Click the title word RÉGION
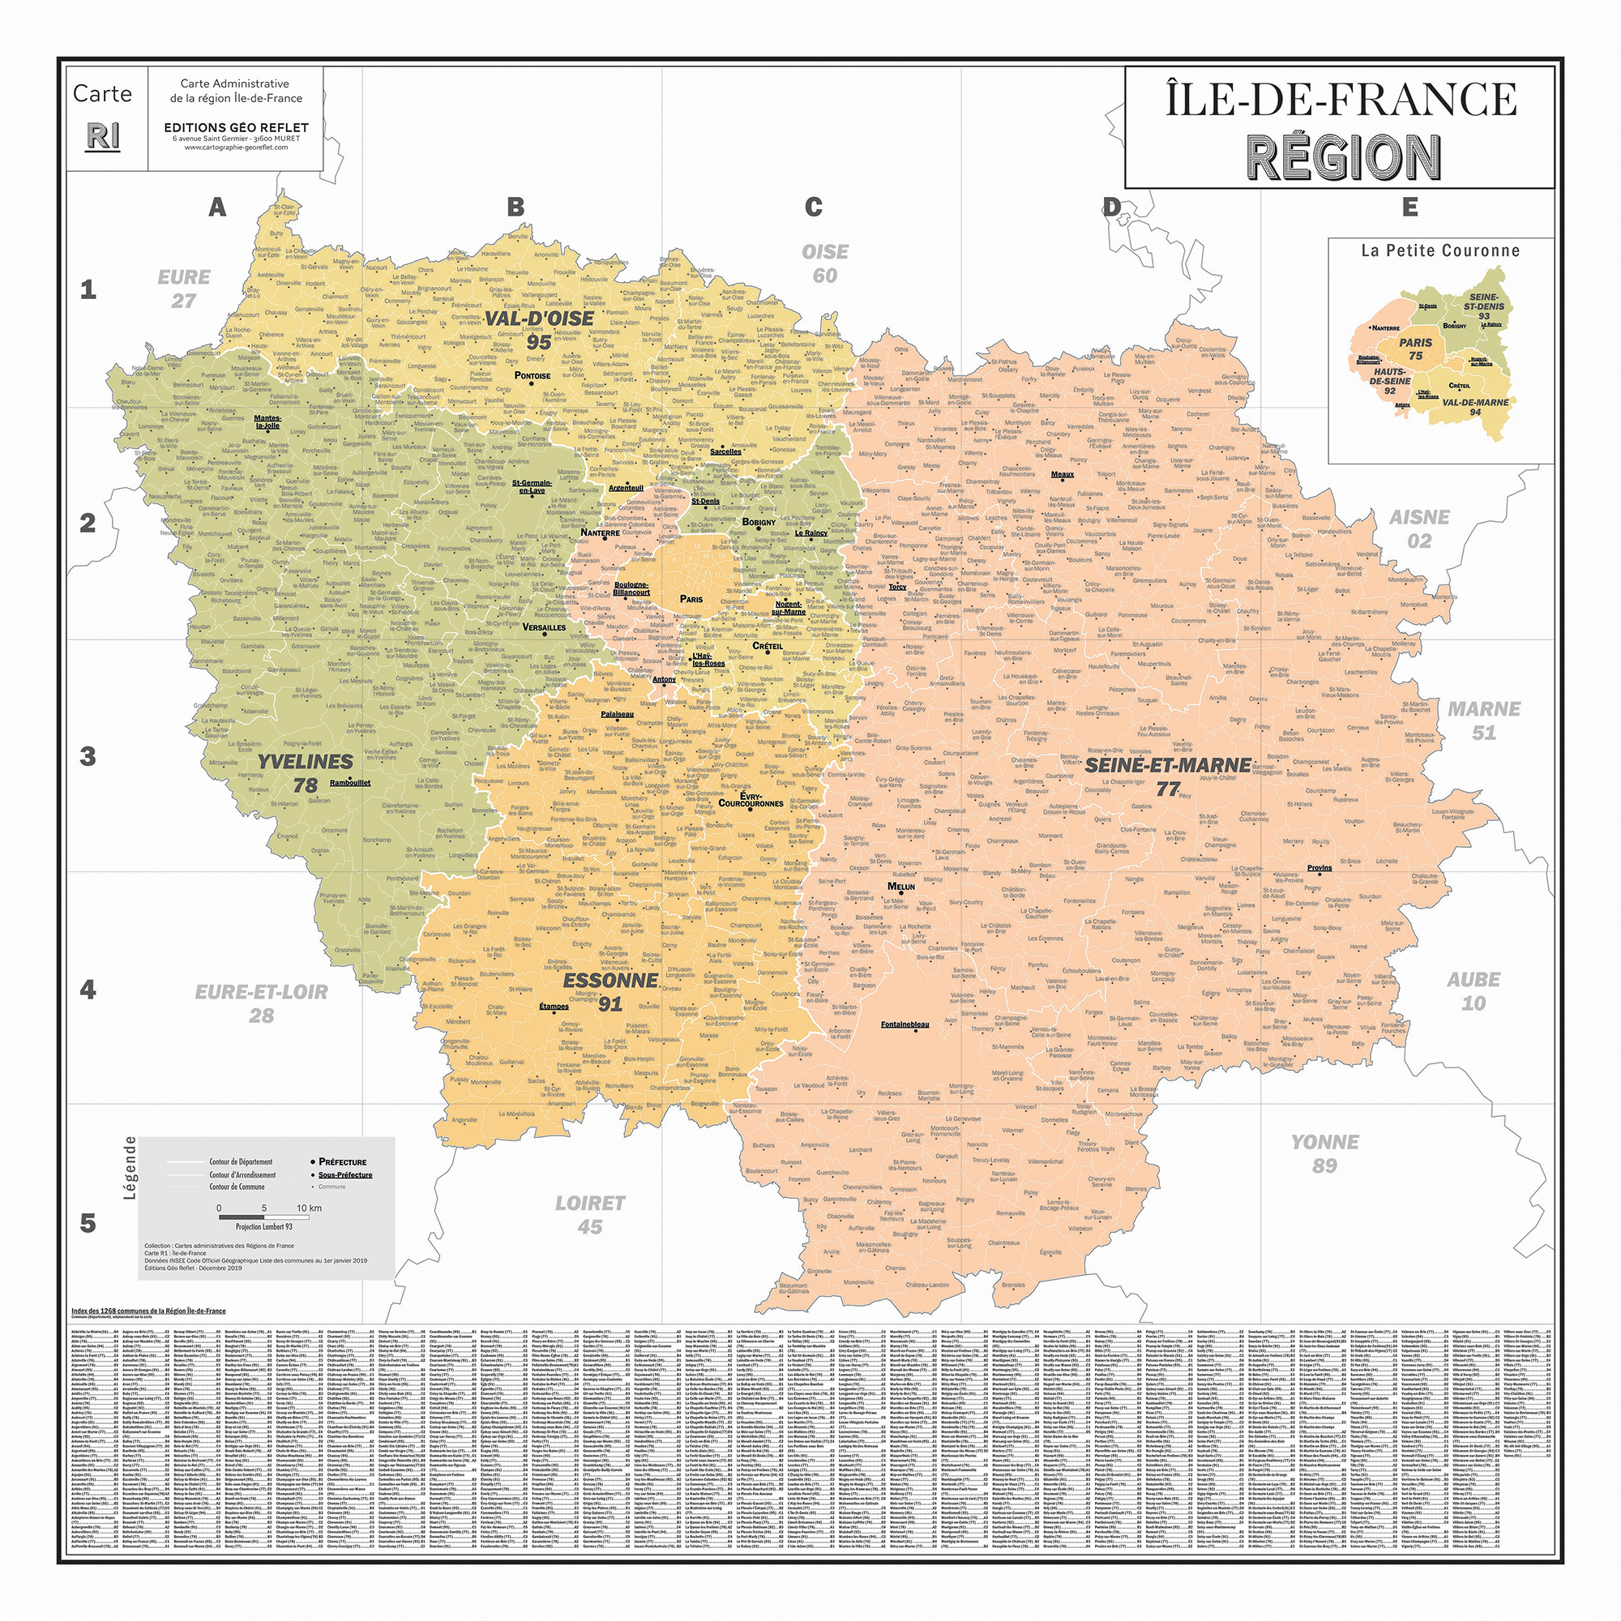1343,158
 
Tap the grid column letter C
813,207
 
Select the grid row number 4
88,989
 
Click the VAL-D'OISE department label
539,319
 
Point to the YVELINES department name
305,762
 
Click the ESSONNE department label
610,980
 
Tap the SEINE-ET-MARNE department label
1168,765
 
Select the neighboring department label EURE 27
184,289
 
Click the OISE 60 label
825,263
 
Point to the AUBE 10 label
1473,991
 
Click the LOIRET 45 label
590,1214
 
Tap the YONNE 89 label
1325,1153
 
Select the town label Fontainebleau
905,1024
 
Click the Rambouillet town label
350,783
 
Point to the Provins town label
1319,868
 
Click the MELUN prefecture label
901,886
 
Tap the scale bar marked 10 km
263,1216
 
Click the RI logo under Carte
102,136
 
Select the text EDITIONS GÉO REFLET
236,127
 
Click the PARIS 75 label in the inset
1415,349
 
